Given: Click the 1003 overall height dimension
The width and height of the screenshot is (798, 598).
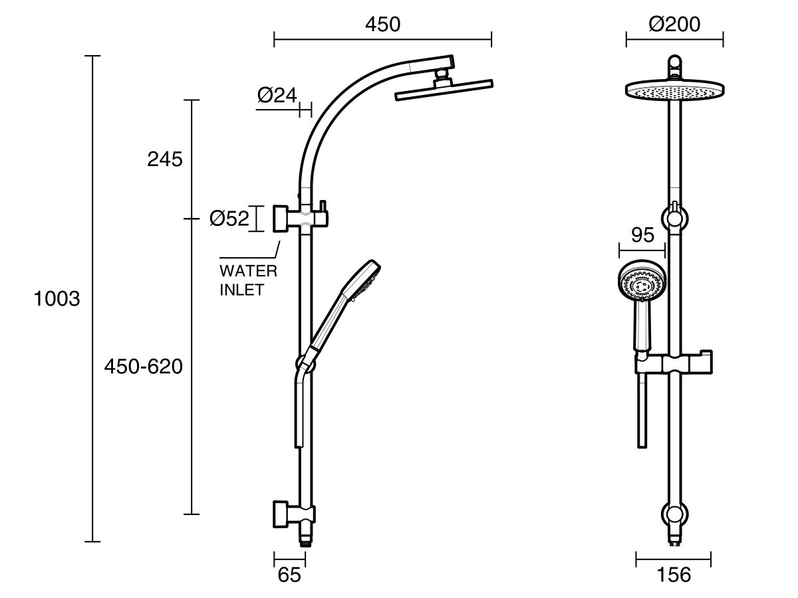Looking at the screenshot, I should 57,299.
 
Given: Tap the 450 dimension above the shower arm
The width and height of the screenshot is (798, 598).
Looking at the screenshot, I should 382,25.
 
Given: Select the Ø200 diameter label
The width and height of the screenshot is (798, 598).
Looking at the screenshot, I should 674,25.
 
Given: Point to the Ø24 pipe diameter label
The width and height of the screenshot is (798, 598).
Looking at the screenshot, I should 277,96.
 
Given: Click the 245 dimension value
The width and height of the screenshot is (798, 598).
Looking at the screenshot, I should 164,159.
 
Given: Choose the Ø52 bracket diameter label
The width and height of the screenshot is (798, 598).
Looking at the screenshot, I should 228,219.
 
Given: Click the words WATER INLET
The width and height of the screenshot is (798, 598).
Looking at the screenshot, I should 248,280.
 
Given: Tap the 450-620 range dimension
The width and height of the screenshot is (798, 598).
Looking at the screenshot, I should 143,366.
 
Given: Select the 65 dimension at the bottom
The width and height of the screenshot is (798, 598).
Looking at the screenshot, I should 289,575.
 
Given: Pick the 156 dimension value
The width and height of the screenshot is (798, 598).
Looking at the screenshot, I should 673,575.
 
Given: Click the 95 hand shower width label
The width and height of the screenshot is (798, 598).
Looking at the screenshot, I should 642,235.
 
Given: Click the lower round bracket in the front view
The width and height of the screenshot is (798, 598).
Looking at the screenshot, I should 674,515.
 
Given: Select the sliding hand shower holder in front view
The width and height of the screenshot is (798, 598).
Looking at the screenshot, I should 674,363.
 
